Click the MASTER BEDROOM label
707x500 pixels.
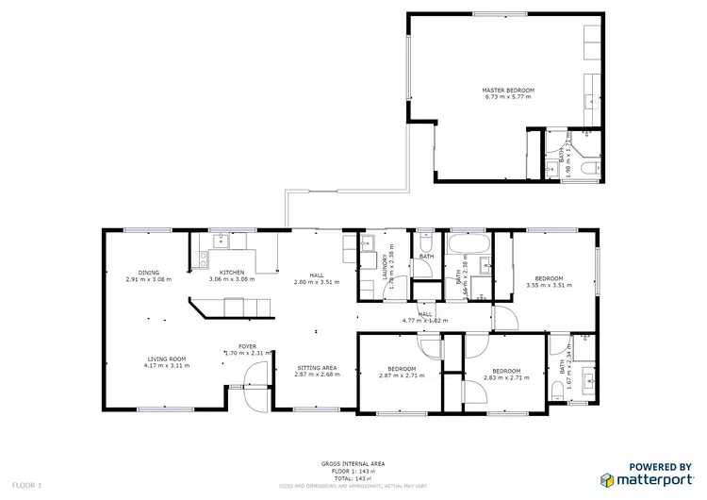pyautogui.click(x=508, y=90)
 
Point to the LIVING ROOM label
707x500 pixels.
pyautogui.click(x=165, y=358)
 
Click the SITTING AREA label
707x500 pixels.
pyautogui.click(x=317, y=367)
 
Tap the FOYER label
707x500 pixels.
pyautogui.click(x=246, y=346)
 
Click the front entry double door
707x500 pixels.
pyautogui.click(x=252, y=388)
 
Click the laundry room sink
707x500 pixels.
pyautogui.click(x=369, y=247)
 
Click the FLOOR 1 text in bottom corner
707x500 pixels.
pyautogui.click(x=26, y=485)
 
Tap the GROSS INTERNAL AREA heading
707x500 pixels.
pyautogui.click(x=353, y=462)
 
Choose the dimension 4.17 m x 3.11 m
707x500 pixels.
pyautogui.click(x=165, y=366)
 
